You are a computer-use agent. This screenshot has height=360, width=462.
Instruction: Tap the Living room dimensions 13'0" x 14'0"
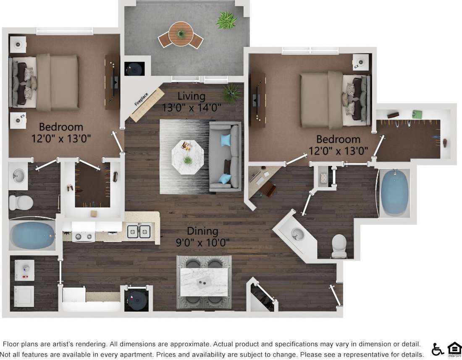click(x=192, y=107)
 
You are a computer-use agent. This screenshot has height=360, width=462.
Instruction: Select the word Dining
click(x=202, y=231)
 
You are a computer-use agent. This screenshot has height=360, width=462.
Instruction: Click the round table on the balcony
click(x=181, y=33)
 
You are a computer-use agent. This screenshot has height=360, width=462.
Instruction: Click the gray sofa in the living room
click(x=226, y=156)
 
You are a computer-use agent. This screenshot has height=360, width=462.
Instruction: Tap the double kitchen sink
click(x=139, y=232)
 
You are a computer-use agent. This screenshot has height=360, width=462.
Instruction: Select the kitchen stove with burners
click(x=84, y=237)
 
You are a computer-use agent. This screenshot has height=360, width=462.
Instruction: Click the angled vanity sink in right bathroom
click(x=298, y=233)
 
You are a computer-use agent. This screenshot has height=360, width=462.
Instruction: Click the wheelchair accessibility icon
click(x=437, y=349)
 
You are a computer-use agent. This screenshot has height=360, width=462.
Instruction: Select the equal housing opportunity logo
click(x=454, y=349)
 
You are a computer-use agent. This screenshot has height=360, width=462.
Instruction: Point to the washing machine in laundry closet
click(x=24, y=270)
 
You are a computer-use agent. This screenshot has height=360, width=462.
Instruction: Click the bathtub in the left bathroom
click(x=31, y=235)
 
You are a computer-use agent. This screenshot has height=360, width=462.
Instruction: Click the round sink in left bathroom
click(x=18, y=174)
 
